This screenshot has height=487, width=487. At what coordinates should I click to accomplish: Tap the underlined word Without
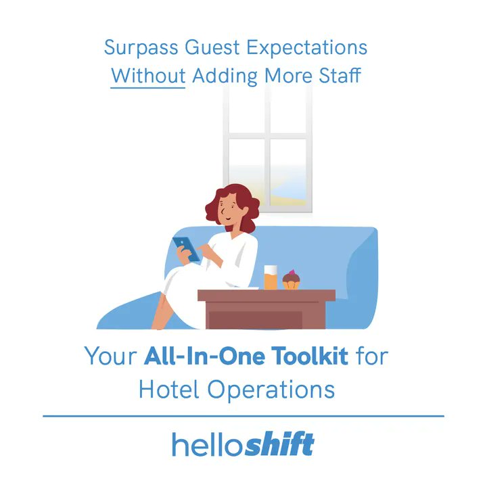(x=148, y=75)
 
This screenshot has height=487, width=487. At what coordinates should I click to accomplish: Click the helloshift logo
(x=243, y=445)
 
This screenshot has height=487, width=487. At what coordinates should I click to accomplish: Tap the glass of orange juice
(x=271, y=277)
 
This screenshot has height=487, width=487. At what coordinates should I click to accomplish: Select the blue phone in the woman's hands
(x=186, y=248)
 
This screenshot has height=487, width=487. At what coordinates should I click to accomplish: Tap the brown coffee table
(x=266, y=308)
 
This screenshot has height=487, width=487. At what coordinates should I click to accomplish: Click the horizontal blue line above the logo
(x=243, y=416)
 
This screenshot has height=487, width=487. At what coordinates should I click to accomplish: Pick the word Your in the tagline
(x=110, y=356)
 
